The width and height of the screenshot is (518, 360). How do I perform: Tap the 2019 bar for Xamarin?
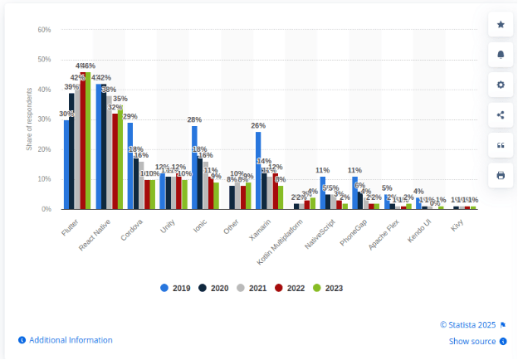point(258,170)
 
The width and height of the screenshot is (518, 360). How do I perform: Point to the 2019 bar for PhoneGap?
point(354,192)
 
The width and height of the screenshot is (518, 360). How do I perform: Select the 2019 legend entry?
point(175,288)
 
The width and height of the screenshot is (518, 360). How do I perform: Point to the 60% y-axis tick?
point(44,30)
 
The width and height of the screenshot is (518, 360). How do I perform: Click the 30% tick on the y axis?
point(44,119)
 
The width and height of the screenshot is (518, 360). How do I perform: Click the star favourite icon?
point(500,25)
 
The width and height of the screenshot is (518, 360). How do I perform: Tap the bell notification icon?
point(500,55)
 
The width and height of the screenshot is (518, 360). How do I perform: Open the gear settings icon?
point(500,85)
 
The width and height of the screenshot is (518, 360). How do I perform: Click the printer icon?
point(500,175)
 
